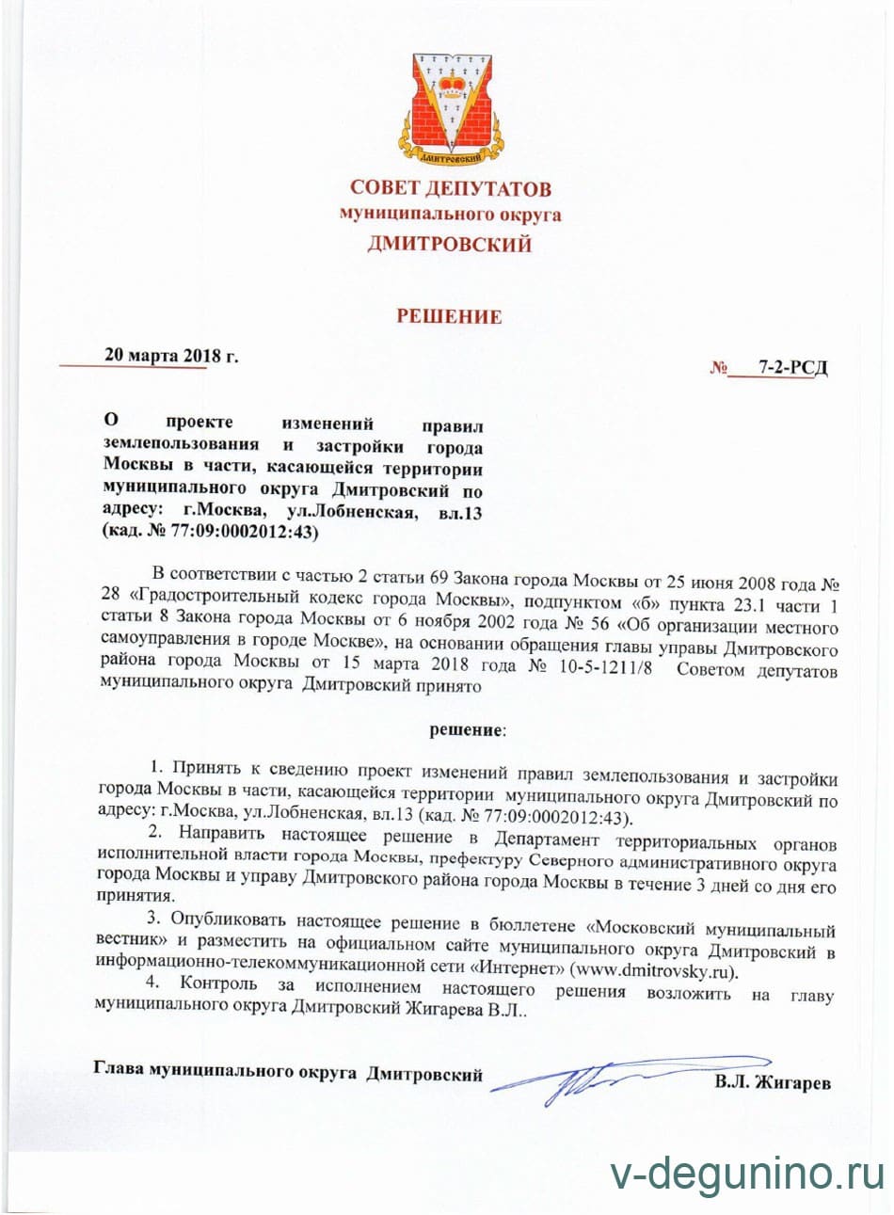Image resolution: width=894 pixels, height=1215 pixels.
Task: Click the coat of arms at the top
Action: (x=449, y=104)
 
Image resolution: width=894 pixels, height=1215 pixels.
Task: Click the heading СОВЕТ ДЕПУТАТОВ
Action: (x=450, y=188)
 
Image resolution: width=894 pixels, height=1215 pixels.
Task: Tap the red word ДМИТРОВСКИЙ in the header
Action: (x=449, y=245)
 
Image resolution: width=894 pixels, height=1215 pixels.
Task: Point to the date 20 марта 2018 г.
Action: (x=172, y=355)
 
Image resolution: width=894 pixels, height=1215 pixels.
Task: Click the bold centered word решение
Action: (x=467, y=728)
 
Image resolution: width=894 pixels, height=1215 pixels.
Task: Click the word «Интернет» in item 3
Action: (x=520, y=971)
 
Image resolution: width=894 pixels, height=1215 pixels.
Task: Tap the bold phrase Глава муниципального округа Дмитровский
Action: (x=288, y=1072)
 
